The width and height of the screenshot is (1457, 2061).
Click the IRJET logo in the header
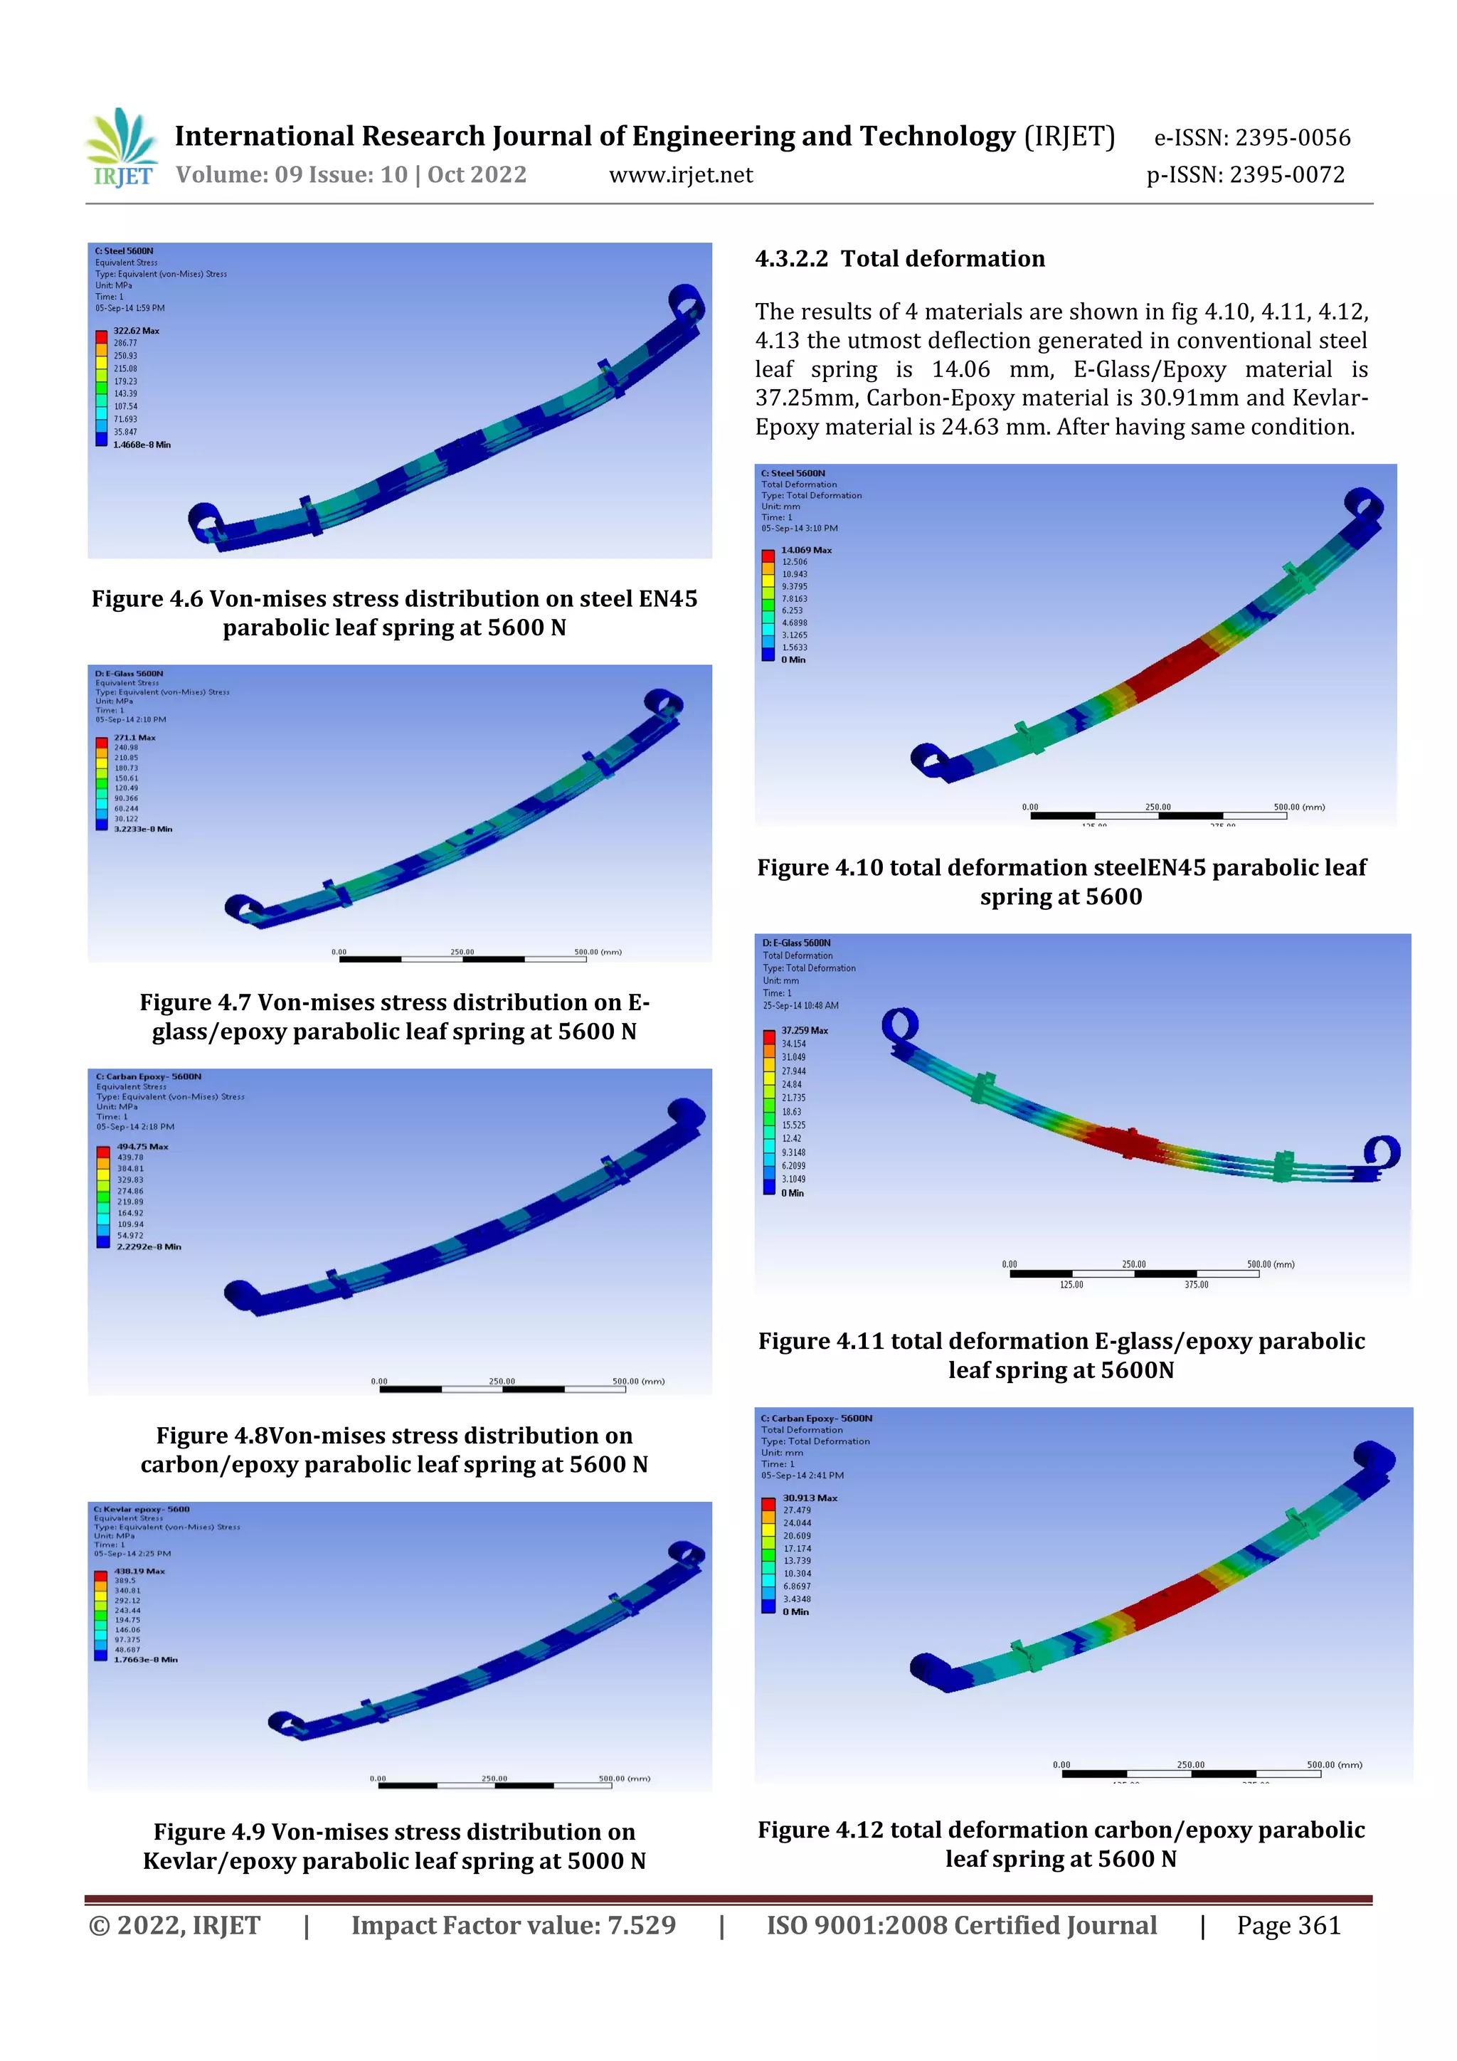[x=122, y=148]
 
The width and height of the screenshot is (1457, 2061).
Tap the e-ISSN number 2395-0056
[x=1292, y=137]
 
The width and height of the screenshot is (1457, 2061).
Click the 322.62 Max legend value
[x=136, y=330]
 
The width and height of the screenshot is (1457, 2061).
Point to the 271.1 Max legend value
[x=134, y=737]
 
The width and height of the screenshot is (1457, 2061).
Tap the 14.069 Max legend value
[x=805, y=549]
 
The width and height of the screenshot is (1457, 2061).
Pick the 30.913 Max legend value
[x=809, y=1498]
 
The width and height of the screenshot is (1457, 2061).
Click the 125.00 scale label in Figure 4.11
[x=1071, y=1285]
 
